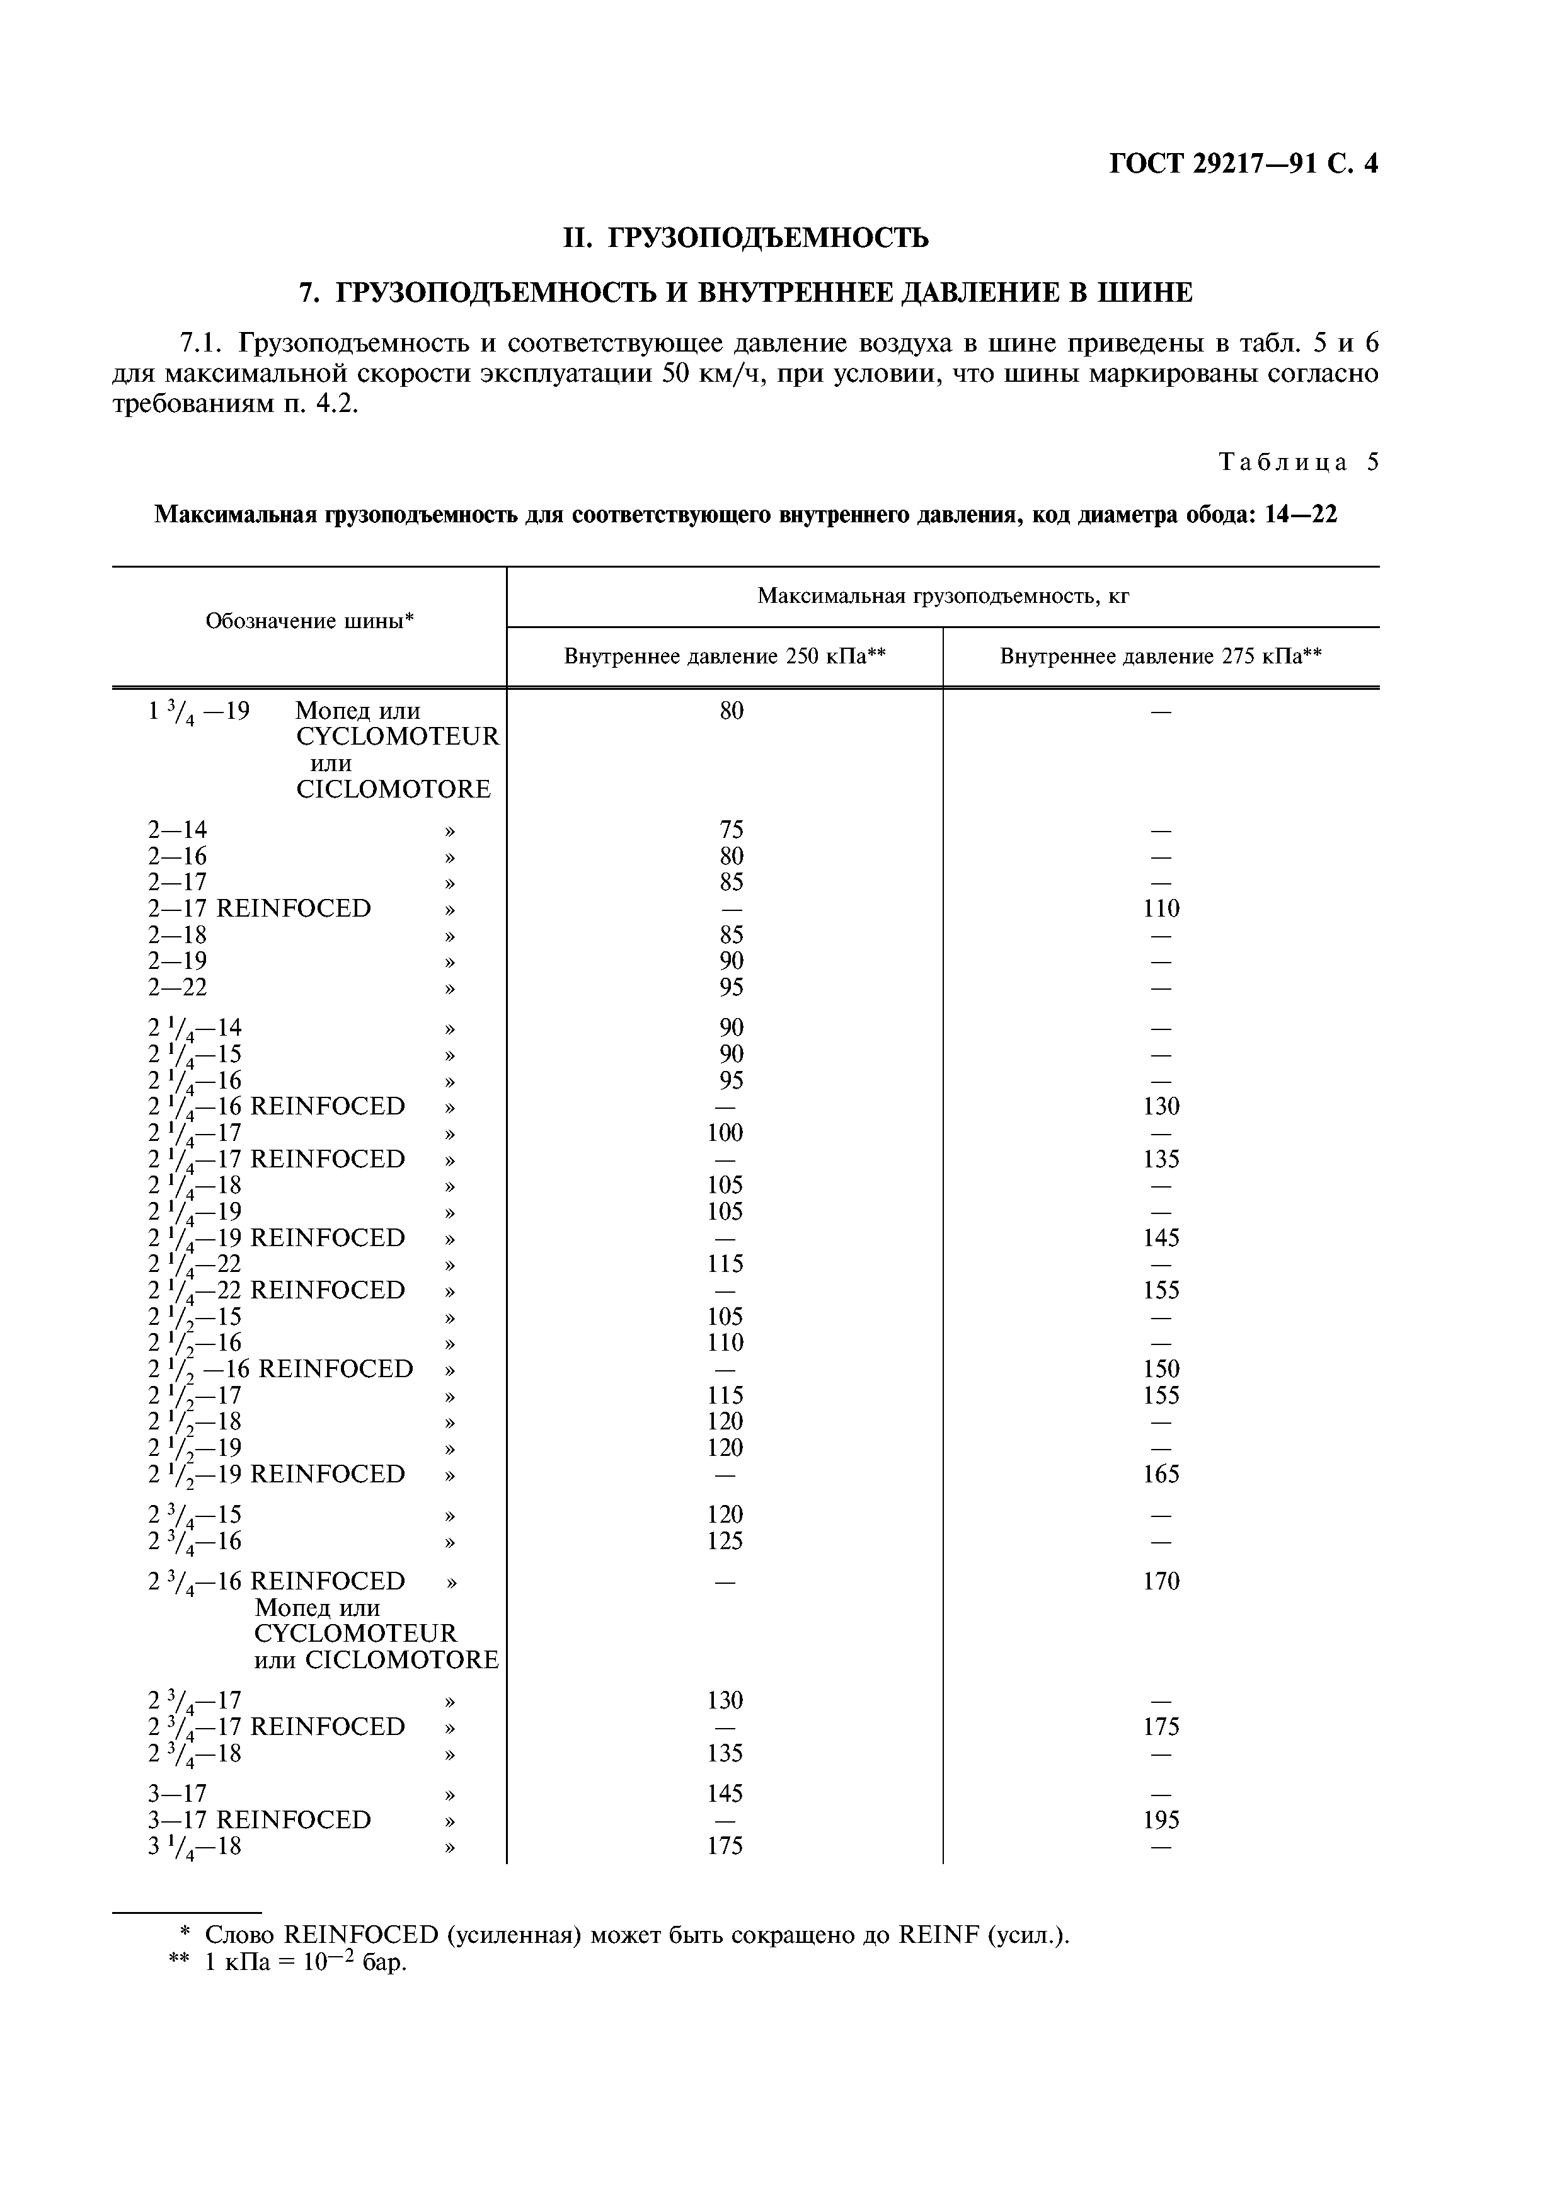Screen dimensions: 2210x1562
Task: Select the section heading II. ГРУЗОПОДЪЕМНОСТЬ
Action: [x=746, y=237]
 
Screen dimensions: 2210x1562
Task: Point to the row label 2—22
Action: [x=178, y=988]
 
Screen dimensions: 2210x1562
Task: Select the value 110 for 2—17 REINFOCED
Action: [x=1161, y=908]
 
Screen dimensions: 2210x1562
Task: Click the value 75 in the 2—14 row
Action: [x=732, y=830]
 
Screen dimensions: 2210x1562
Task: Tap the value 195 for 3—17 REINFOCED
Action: [x=1161, y=1820]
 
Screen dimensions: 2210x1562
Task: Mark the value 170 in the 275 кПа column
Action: [x=1161, y=1581]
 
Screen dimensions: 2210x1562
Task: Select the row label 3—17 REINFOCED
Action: [x=259, y=1820]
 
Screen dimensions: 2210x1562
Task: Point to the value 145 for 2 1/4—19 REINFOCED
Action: [x=1161, y=1238]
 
